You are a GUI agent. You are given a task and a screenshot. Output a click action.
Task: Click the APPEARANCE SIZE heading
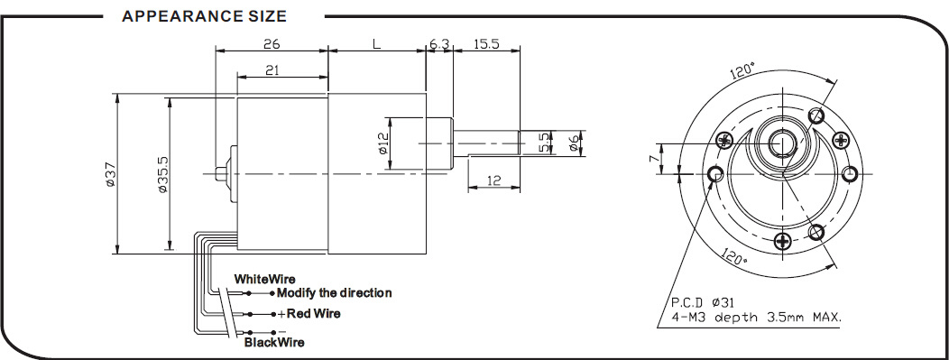click(x=204, y=16)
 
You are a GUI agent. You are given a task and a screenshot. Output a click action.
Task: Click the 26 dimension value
click(x=272, y=43)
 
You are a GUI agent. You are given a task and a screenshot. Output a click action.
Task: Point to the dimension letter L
click(x=376, y=43)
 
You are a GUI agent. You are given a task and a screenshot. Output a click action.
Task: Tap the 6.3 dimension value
click(x=439, y=43)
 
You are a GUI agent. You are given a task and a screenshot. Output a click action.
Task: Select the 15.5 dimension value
click(x=486, y=43)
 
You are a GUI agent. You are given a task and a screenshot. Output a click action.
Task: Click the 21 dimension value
click(x=272, y=70)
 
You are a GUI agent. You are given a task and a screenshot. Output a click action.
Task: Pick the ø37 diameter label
click(x=109, y=174)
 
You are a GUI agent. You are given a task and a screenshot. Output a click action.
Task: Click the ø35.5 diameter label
click(x=162, y=174)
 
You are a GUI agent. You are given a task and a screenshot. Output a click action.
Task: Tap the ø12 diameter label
click(x=382, y=143)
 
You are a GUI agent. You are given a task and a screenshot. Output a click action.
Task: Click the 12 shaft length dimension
click(x=494, y=180)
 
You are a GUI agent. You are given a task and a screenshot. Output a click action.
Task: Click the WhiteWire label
click(x=265, y=279)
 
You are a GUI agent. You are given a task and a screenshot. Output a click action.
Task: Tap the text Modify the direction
click(x=334, y=293)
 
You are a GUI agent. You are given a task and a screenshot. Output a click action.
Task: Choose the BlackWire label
click(x=274, y=343)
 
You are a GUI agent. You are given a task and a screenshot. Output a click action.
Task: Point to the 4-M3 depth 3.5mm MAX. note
click(x=757, y=317)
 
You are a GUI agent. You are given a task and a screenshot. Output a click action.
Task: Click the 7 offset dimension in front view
click(x=652, y=159)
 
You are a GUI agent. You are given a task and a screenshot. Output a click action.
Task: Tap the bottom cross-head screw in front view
click(x=784, y=242)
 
